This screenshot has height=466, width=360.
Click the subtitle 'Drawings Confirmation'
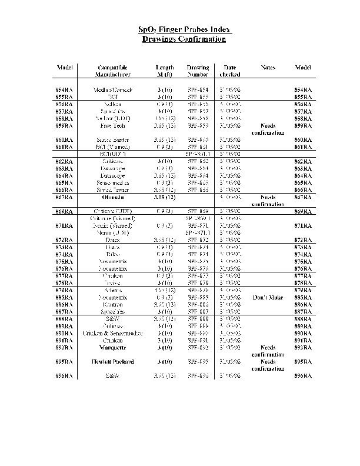click(184, 39)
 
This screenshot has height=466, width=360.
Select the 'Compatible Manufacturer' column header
click(113, 71)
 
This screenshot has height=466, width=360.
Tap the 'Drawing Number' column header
click(198, 71)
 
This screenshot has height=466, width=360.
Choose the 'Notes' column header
click(268, 68)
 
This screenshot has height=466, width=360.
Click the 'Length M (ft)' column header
click(164, 71)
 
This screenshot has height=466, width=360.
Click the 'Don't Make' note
click(268, 297)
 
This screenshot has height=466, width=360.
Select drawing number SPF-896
click(198, 375)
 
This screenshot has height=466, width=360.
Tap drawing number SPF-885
click(198, 297)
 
